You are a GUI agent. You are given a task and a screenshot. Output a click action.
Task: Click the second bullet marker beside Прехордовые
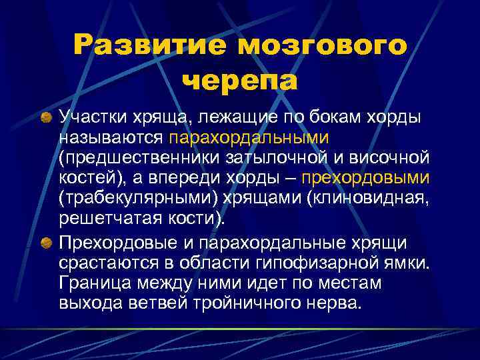click(48, 245)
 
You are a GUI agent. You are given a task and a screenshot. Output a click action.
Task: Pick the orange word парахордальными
click(249, 139)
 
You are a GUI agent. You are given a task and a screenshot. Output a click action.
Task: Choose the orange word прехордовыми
click(365, 179)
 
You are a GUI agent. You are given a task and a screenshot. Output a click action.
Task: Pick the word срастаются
click(99, 264)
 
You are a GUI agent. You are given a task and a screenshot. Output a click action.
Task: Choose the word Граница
click(92, 283)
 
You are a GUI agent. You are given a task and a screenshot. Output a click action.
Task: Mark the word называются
click(110, 139)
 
